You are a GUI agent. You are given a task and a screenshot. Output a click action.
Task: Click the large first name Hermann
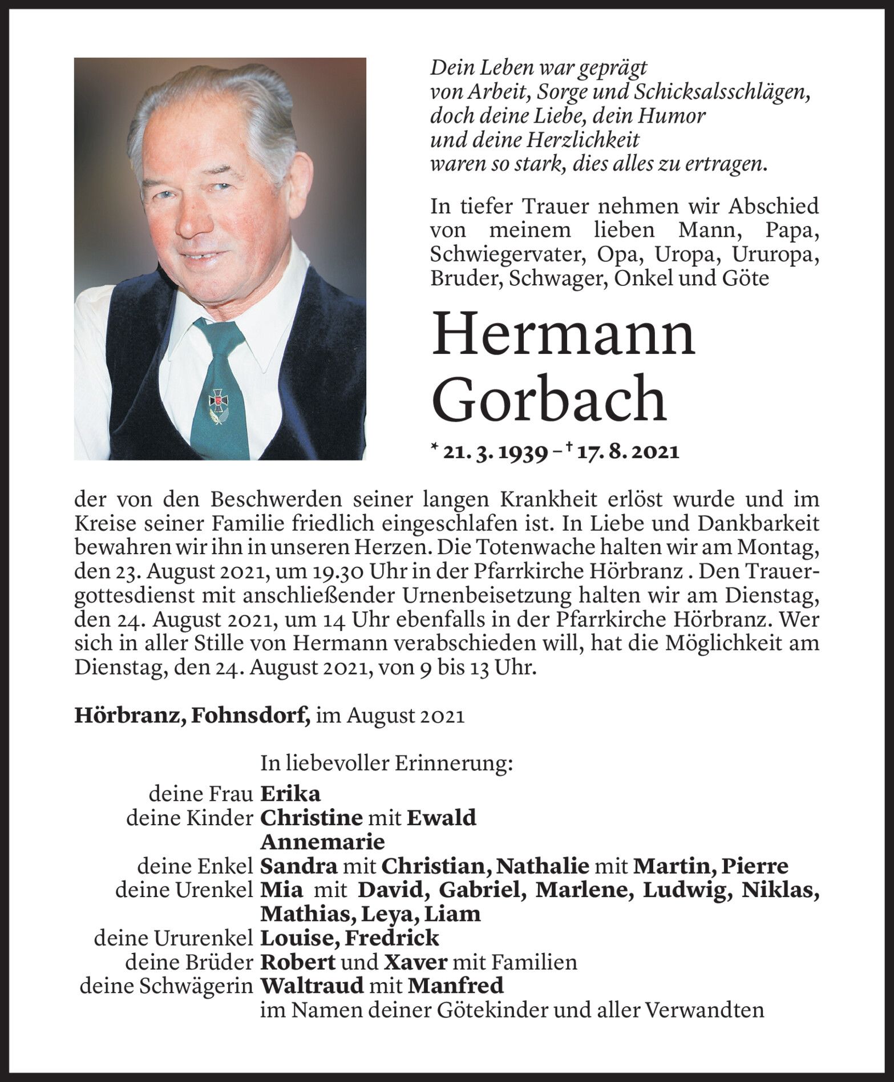point(564,336)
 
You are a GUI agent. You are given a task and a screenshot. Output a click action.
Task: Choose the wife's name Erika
point(290,794)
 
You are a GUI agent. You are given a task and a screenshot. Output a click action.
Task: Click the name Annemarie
point(322,842)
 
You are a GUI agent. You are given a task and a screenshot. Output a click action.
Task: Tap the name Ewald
point(442,818)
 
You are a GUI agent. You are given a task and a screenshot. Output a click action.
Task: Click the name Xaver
point(415,962)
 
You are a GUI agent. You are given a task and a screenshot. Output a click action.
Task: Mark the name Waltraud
point(312,986)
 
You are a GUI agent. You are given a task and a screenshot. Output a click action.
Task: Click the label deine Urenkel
point(184,890)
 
